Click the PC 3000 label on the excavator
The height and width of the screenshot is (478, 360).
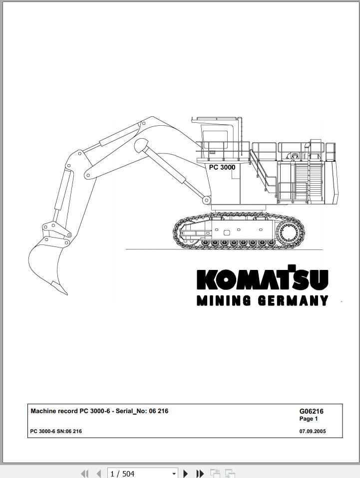(x=222, y=167)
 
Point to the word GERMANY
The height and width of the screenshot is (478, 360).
(x=293, y=300)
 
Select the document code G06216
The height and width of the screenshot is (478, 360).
(x=311, y=411)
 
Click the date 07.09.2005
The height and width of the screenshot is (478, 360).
(x=313, y=432)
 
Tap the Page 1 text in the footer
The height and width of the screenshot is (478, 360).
(x=309, y=419)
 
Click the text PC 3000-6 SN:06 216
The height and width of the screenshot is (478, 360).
(x=56, y=432)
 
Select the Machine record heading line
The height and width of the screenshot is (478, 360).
(x=99, y=411)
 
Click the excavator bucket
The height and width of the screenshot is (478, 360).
(x=46, y=262)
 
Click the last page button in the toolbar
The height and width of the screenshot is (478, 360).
(x=200, y=474)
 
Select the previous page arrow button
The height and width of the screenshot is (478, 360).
(x=98, y=474)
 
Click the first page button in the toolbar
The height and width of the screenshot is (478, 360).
(x=85, y=474)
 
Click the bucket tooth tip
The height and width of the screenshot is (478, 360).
(x=67, y=294)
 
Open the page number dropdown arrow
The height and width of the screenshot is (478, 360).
(x=174, y=474)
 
